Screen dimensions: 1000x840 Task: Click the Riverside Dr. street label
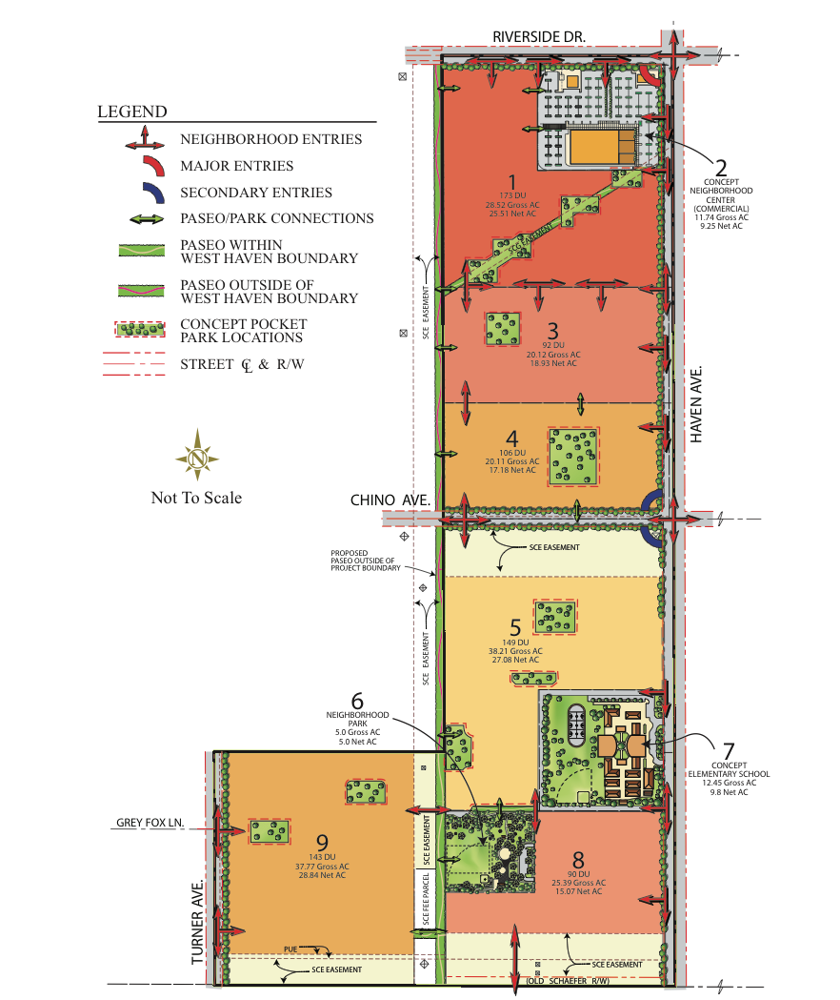[x=539, y=36]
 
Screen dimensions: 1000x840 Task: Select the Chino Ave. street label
[x=390, y=500]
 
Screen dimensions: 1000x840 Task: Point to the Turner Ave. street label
[x=199, y=922]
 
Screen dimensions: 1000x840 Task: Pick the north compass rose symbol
[x=197, y=459]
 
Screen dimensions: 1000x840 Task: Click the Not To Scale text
[x=196, y=498]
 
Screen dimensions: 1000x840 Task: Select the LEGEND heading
[x=132, y=112]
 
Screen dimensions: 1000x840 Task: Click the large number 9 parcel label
[x=323, y=842]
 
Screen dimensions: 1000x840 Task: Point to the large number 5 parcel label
[x=515, y=627]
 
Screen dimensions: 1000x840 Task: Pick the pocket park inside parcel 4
[x=573, y=457]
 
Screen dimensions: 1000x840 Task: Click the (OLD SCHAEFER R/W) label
[x=568, y=981]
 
